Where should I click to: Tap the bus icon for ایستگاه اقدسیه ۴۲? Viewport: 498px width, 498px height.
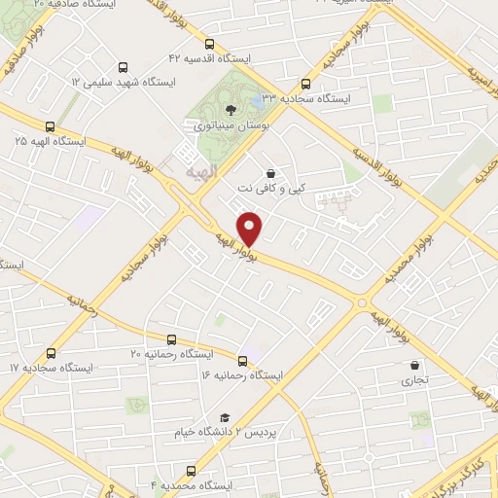pyautogui.click(x=210, y=44)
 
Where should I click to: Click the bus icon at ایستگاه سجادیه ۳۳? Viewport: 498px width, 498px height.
pyautogui.click(x=306, y=84)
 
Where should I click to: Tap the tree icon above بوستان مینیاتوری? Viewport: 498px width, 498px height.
pyautogui.click(x=230, y=109)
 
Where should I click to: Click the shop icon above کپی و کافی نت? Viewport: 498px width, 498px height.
pyautogui.click(x=269, y=172)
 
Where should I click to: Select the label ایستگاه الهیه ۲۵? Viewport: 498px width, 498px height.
pyautogui.click(x=50, y=141)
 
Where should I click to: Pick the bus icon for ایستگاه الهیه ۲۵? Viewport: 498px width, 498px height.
pyautogui.click(x=50, y=125)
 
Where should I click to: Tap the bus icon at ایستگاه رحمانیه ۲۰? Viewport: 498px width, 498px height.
pyautogui.click(x=172, y=340)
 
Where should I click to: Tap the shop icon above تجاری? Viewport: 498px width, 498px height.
pyautogui.click(x=414, y=366)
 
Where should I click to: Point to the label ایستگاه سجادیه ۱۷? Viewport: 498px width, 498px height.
pyautogui.click(x=42, y=369)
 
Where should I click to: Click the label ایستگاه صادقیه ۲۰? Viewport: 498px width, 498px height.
pyautogui.click(x=73, y=5)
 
